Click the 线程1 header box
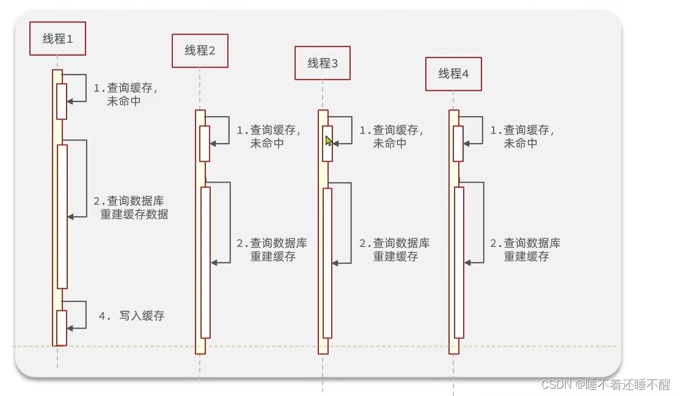(x=57, y=38)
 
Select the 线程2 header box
(x=200, y=51)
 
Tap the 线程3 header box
(x=322, y=63)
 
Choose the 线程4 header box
(x=453, y=74)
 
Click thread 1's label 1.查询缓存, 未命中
(x=125, y=94)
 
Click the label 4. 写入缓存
(x=132, y=316)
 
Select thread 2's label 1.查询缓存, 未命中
(x=268, y=136)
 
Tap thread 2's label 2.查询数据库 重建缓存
(x=272, y=249)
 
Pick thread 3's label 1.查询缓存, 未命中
(x=391, y=136)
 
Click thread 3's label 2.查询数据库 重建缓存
(x=395, y=249)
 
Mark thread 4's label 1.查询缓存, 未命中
(x=522, y=136)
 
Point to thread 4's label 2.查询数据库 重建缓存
(x=525, y=249)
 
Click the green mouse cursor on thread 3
(x=329, y=141)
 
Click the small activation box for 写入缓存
(x=61, y=328)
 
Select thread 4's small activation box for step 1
(x=458, y=144)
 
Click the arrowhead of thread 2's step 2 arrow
(x=214, y=263)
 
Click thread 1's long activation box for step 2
(x=62, y=216)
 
